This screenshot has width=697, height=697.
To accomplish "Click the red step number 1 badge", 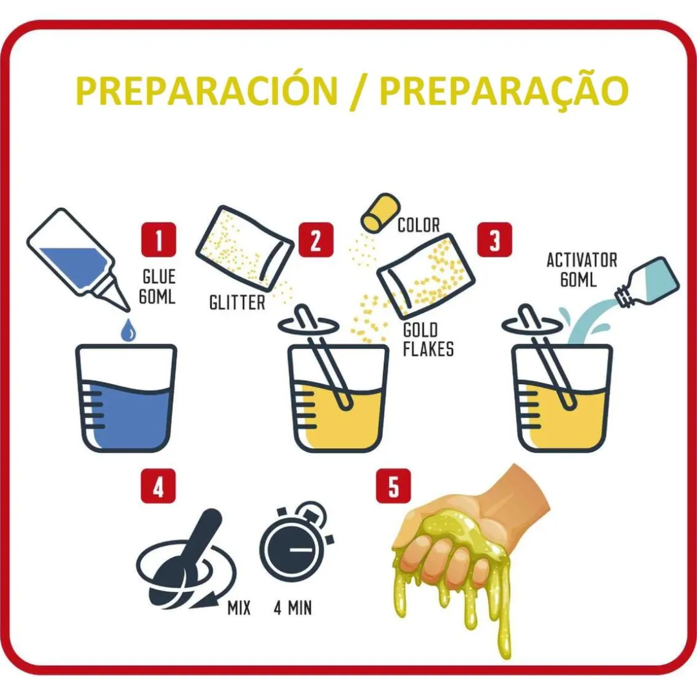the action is (159, 240).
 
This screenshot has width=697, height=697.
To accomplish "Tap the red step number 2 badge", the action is (316, 240).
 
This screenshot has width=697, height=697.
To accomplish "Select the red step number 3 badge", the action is (495, 240).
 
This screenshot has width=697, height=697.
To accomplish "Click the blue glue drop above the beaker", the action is (129, 330).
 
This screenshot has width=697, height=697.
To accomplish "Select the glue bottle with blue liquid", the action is (78, 259).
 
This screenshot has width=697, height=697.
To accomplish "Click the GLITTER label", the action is (237, 302).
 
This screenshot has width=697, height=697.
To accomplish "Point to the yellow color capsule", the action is (380, 213).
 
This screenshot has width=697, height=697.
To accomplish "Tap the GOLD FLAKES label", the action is (428, 340).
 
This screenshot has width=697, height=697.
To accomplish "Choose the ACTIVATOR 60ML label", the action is (581, 269).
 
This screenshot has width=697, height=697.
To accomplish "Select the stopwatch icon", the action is (296, 541).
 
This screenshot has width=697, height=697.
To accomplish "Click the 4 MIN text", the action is (292, 607).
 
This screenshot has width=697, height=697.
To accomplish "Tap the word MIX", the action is (239, 607).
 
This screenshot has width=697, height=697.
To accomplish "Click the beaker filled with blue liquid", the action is (126, 398).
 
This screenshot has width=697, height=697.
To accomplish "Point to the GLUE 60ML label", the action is (158, 286).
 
